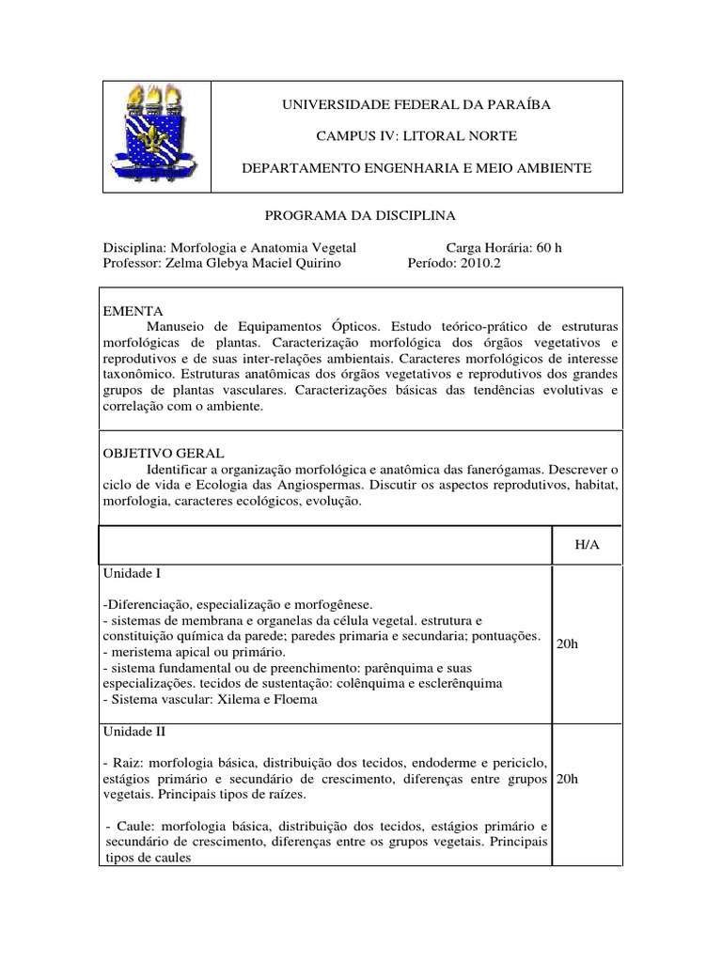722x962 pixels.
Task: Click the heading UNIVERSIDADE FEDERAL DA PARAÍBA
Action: pyautogui.click(x=416, y=104)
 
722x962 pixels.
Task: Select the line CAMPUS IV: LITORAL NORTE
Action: pyautogui.click(x=416, y=136)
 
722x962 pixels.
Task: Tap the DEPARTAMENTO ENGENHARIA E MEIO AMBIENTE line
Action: pyautogui.click(x=416, y=167)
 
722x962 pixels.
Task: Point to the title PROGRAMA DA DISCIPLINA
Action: pyautogui.click(x=360, y=215)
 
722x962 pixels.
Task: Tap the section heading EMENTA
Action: pyautogui.click(x=132, y=310)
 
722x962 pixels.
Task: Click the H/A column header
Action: pyautogui.click(x=587, y=546)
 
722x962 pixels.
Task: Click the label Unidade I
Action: pyautogui.click(x=133, y=572)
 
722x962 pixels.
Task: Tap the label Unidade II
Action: pyautogui.click(x=135, y=730)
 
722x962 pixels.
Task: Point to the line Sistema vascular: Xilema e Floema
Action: pyautogui.click(x=212, y=699)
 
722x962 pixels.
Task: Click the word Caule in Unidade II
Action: pyautogui.click(x=129, y=826)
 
